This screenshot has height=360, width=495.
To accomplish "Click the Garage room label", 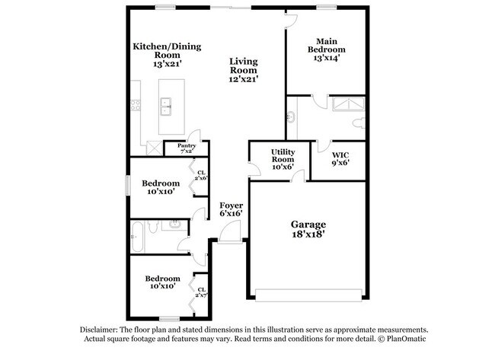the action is pos(308,225).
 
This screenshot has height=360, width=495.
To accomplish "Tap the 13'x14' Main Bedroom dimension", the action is pos(327,58).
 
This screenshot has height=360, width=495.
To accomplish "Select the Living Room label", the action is pos(244,65).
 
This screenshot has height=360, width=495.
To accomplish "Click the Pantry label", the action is pos(187,146).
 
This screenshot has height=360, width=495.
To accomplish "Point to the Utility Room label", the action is pos(283,155).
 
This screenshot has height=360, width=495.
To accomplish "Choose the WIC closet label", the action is pos(340,155).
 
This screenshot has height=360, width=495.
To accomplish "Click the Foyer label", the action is pos(231,205).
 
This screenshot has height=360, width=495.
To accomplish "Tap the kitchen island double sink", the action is pos(166,107).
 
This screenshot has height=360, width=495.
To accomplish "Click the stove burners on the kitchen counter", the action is pos(136,105).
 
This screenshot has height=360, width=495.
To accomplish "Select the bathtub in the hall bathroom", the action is pos(137,237).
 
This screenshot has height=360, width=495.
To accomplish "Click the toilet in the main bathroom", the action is pos(359,123).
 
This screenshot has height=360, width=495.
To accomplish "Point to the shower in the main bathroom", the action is pos(348,104).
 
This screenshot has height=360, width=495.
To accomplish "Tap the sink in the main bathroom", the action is pos(291,117).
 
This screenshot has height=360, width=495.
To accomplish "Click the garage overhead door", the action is pos(308,295).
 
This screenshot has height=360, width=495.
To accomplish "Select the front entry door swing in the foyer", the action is pos(230,231).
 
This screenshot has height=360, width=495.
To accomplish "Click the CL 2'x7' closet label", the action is pos(201,292).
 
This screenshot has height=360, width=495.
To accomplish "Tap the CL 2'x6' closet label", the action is pos(201,175).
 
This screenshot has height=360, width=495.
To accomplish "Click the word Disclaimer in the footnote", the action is pos(99,330).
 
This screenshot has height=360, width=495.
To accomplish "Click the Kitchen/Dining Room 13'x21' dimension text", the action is pos(168,64).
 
